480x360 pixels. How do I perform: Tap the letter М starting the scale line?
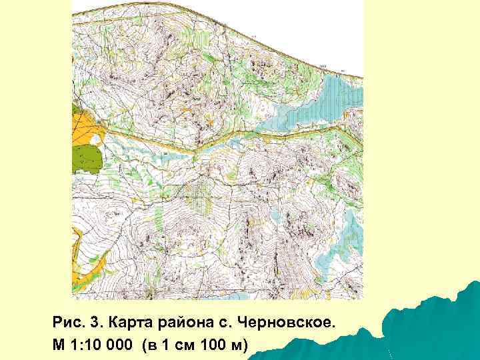[59, 344]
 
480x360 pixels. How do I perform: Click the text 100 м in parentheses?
[222, 344]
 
